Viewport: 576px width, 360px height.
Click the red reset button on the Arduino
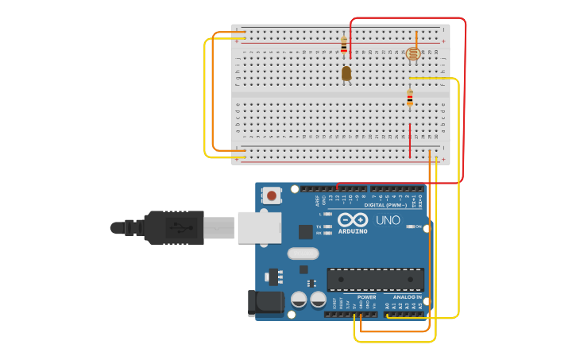click(x=272, y=195)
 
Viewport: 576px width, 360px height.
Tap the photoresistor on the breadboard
click(x=413, y=54)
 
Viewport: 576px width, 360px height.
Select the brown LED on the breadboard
click(x=346, y=73)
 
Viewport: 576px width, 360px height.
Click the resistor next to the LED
click(x=344, y=45)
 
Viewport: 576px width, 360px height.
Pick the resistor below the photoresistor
click(x=410, y=98)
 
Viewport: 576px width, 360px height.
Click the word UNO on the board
click(x=388, y=220)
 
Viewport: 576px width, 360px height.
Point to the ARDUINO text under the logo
click(x=354, y=231)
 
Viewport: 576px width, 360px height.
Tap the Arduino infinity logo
click(x=352, y=219)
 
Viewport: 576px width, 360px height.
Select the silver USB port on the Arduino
click(x=259, y=226)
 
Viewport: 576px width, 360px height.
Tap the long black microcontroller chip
click(x=375, y=279)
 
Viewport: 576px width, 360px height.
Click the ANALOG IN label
click(x=408, y=297)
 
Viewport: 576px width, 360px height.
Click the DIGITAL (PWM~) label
click(x=391, y=204)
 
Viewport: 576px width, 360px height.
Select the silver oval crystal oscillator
click(x=302, y=254)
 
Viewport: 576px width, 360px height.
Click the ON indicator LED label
click(x=418, y=226)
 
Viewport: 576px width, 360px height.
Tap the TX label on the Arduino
click(x=319, y=226)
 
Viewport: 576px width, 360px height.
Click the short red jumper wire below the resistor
click(x=410, y=140)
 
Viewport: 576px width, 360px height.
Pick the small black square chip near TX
click(x=305, y=231)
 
